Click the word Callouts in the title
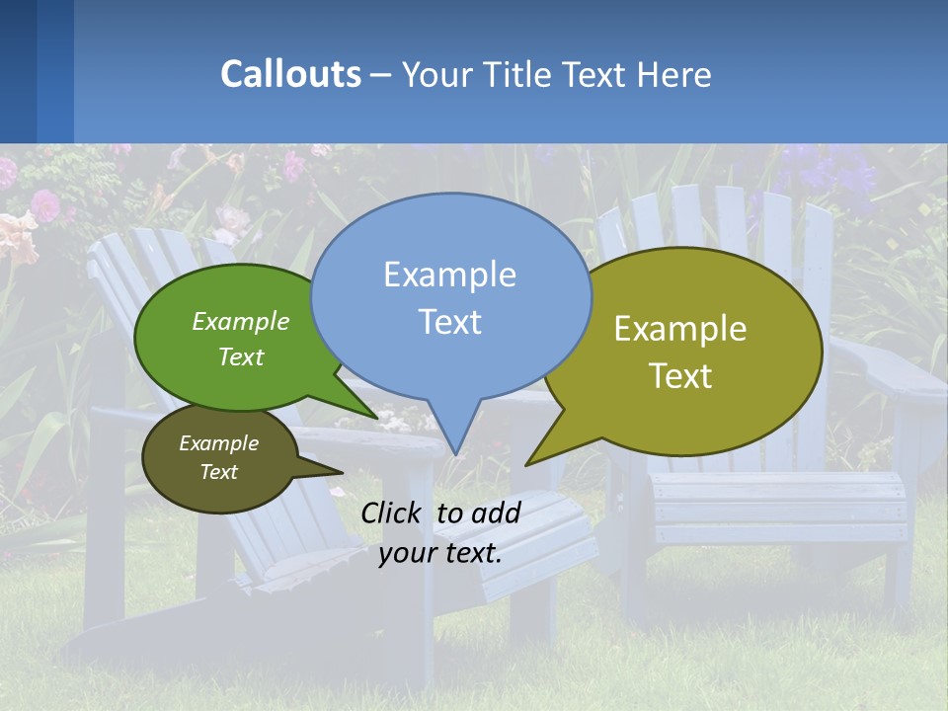tap(290, 74)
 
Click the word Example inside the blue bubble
tap(449, 275)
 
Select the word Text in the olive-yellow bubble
tap(680, 375)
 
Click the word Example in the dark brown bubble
tap(218, 443)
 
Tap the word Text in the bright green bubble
tap(241, 356)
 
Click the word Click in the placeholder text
tap(393, 513)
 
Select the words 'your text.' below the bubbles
tap(440, 553)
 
